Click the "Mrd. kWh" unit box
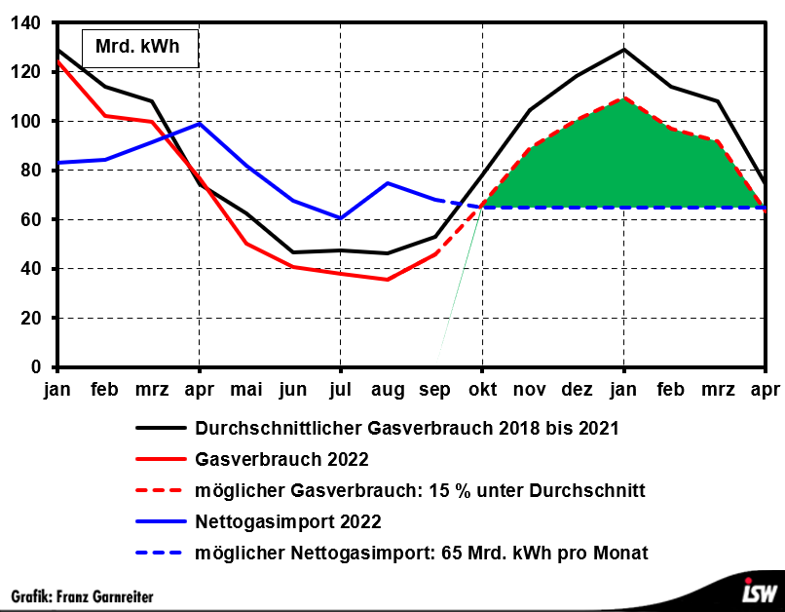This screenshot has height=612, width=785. [138, 47]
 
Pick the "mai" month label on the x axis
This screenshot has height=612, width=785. [246, 390]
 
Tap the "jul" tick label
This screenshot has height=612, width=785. [340, 390]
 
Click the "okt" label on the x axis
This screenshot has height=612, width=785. [481, 390]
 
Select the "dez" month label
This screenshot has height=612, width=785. [577, 390]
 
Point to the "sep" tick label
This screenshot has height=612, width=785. [434, 390]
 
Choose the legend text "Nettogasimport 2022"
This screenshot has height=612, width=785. [287, 521]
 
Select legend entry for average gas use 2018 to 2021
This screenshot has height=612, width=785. [406, 428]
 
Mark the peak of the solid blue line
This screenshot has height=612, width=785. [199, 123]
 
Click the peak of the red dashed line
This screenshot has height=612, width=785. [623, 97]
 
